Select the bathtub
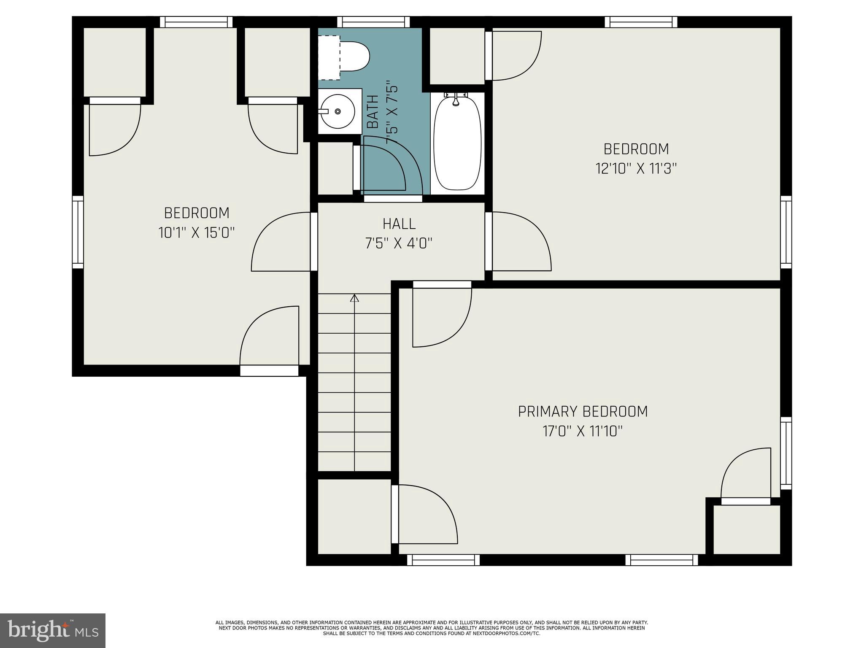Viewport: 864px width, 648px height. (x=457, y=143)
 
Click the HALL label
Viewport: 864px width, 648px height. (x=399, y=224)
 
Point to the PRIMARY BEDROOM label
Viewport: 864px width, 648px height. (x=583, y=411)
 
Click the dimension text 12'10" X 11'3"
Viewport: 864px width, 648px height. (x=636, y=169)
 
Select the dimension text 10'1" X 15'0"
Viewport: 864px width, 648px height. (x=196, y=233)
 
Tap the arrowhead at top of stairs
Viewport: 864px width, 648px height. (x=354, y=298)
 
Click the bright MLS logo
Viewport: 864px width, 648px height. (x=53, y=631)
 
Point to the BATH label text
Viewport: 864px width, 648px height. (x=373, y=112)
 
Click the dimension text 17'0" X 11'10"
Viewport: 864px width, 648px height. (x=583, y=432)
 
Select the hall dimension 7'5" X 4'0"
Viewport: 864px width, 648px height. (x=399, y=243)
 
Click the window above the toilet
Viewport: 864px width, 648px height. (x=373, y=22)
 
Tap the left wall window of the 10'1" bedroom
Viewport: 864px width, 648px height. (x=78, y=232)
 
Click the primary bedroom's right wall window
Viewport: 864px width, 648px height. (x=786, y=453)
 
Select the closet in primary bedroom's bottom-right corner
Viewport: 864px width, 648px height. (x=746, y=529)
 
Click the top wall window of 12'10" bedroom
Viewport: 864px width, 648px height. (x=640, y=22)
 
